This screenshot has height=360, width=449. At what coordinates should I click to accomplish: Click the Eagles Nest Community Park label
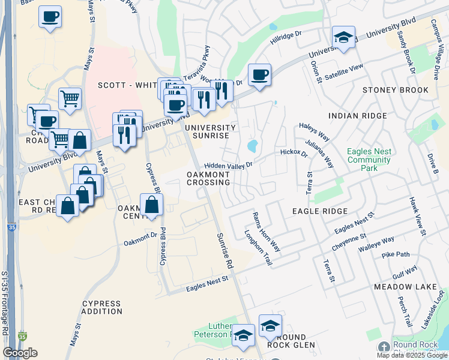tap(369, 160)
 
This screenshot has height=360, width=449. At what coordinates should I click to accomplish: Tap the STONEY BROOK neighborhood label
tap(396, 90)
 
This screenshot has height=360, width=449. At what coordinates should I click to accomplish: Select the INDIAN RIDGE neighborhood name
tap(357, 115)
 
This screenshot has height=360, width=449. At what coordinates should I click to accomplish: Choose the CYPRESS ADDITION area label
tap(102, 307)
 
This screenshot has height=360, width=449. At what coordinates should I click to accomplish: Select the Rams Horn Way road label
tap(267, 232)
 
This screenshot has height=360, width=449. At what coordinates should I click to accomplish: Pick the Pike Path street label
tap(396, 254)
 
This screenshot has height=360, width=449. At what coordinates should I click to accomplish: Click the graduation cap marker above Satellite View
tap(343, 37)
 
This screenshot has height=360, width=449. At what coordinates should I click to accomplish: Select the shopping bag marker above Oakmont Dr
tap(151, 205)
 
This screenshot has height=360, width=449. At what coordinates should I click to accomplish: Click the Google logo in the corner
tap(20, 353)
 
